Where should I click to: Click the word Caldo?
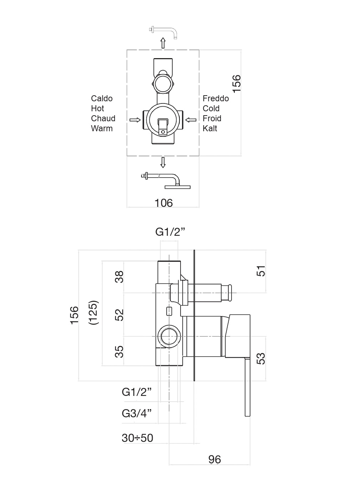click(102, 98)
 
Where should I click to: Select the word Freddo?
click(216, 98)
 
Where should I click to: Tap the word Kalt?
click(210, 128)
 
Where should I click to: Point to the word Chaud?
click(103, 118)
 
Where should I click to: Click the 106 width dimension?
click(163, 203)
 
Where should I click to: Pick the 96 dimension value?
click(214, 459)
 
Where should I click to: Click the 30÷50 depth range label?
click(137, 438)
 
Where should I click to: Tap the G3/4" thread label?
click(137, 413)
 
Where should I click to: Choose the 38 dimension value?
click(120, 277)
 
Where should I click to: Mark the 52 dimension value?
click(120, 315)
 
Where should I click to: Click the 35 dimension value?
click(120, 351)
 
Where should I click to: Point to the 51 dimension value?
click(262, 271)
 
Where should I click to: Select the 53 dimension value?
click(262, 358)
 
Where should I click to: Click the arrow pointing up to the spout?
click(163, 43)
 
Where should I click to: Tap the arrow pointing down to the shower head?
click(163, 162)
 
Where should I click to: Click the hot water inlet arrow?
click(135, 120)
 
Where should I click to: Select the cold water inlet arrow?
click(191, 120)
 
